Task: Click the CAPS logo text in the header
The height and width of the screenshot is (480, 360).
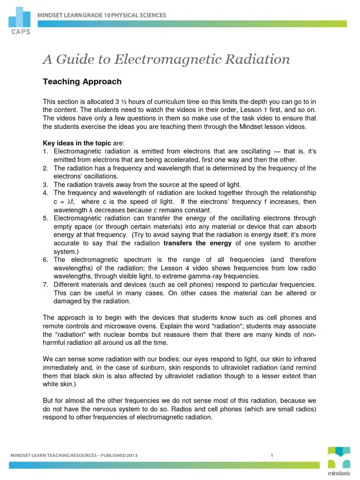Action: click(18, 32)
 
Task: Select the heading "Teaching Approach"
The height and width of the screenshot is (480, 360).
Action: click(82, 82)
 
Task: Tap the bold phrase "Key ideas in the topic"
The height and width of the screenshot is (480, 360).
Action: click(77, 143)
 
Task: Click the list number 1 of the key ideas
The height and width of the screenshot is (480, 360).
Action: click(45, 151)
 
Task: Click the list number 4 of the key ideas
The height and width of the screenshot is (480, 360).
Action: click(45, 193)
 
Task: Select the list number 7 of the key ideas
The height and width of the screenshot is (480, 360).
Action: click(45, 285)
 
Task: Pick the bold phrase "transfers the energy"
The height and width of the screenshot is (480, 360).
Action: click(197, 243)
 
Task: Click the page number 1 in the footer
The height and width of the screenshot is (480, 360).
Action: click(271, 455)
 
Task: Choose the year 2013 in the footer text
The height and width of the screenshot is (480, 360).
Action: click(131, 455)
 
